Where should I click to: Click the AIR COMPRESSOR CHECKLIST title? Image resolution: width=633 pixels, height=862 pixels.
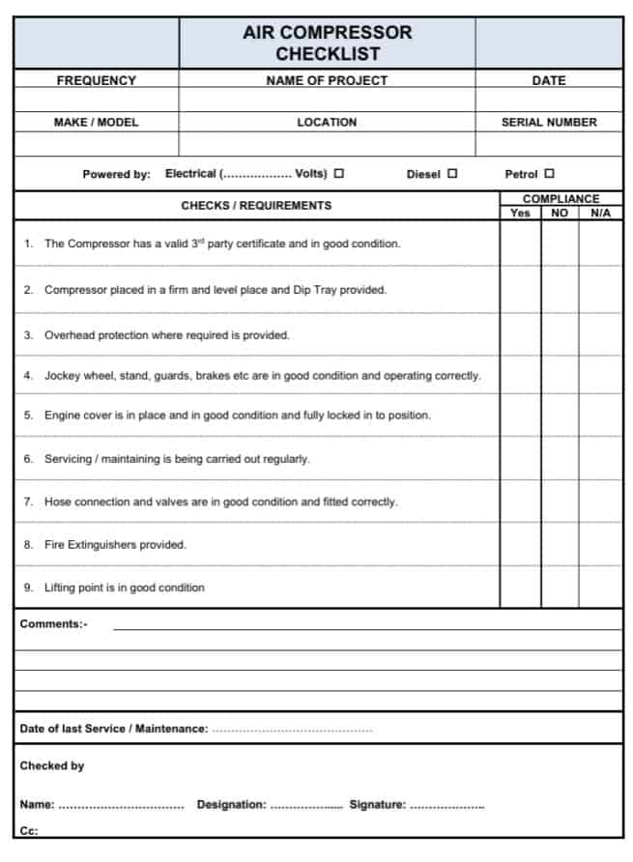(327, 43)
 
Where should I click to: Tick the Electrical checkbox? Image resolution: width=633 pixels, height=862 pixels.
(339, 174)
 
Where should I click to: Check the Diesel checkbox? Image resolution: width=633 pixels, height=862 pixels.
(452, 174)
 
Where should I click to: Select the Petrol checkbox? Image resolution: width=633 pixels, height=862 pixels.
(550, 174)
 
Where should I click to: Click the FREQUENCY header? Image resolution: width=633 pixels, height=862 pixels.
(96, 81)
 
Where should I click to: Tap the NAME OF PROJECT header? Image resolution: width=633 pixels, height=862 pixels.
(327, 81)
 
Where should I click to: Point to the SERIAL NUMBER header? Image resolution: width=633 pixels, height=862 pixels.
(549, 123)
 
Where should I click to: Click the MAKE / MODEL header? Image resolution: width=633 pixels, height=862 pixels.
(96, 123)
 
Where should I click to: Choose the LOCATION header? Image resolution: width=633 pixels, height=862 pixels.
(327, 123)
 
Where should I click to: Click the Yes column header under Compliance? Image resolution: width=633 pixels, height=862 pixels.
(520, 213)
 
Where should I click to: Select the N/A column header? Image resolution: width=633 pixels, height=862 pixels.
(600, 213)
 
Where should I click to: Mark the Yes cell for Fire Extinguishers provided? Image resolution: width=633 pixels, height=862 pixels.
(520, 545)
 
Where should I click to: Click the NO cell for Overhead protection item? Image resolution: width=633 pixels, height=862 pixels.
(560, 335)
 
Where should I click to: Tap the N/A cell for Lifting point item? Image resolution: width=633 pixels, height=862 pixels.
(600, 588)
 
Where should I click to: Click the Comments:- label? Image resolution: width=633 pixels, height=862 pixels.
(53, 624)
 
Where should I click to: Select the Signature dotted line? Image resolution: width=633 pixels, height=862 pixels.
(447, 805)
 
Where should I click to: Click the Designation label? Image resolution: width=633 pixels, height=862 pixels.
(231, 805)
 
